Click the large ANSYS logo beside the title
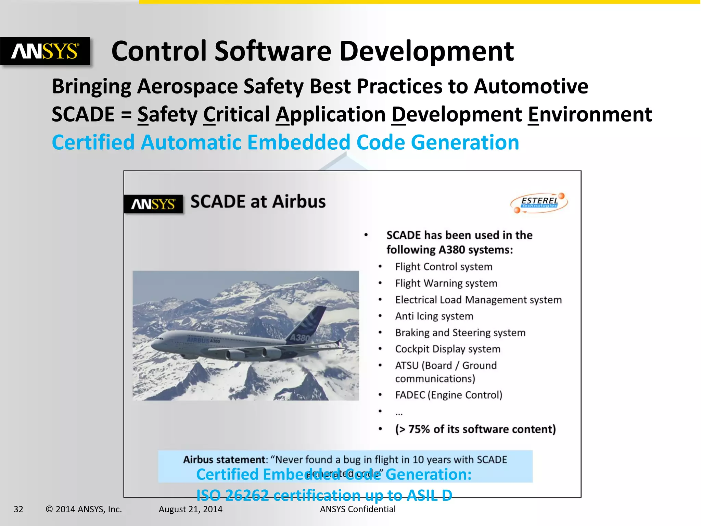click(45, 51)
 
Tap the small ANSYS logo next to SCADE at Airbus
click(153, 204)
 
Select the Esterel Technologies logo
click(539, 203)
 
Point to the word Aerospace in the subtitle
click(188, 86)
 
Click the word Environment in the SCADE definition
click(590, 114)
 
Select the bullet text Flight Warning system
click(446, 283)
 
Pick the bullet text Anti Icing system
click(434, 316)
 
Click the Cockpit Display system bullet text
click(448, 349)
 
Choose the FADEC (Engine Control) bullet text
click(448, 395)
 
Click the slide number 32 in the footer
click(18, 509)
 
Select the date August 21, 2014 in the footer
click(190, 509)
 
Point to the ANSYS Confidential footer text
click(357, 509)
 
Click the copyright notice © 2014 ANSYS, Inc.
click(84, 509)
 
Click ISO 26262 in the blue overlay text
click(232, 495)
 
